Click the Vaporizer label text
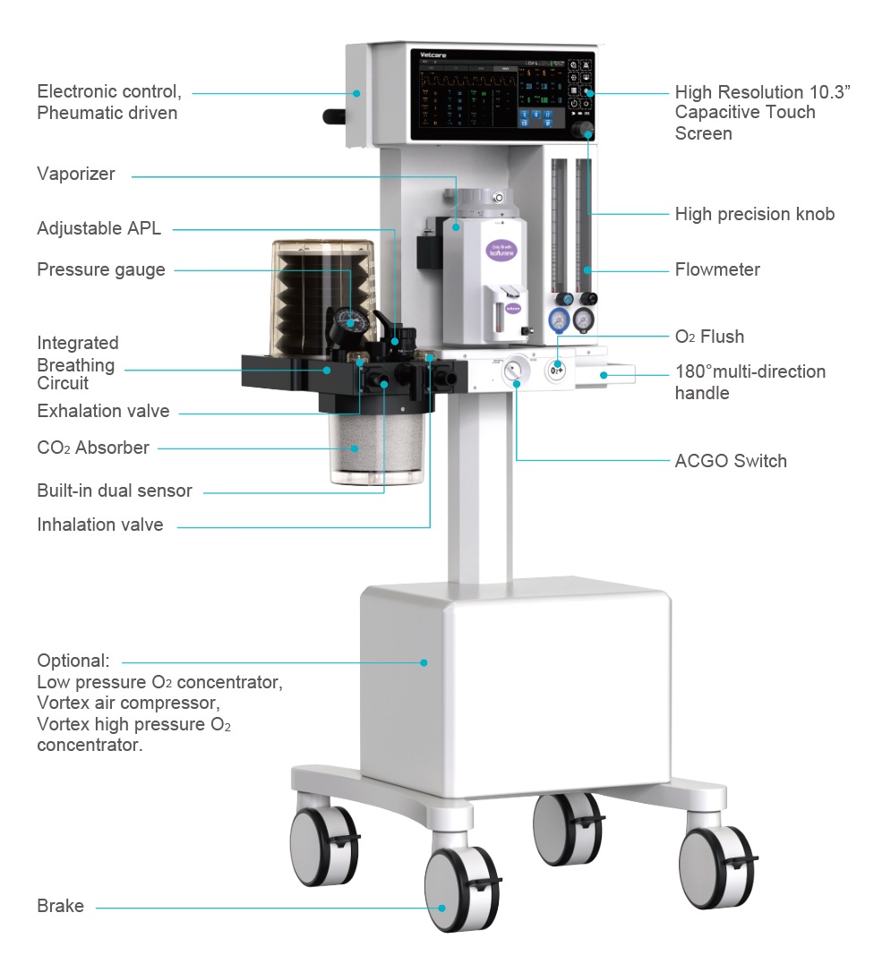click(76, 175)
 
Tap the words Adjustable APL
click(99, 228)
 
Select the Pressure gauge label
click(101, 269)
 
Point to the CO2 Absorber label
click(93, 448)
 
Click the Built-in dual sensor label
click(115, 491)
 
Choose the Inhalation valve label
click(100, 525)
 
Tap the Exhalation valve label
click(103, 412)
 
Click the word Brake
click(60, 907)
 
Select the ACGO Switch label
click(731, 461)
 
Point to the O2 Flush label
click(709, 337)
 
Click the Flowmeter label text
click(717, 269)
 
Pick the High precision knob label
click(754, 214)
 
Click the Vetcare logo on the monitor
click(435, 55)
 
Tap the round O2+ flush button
click(558, 368)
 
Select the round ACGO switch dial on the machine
click(516, 368)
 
